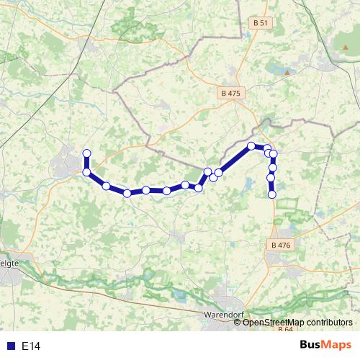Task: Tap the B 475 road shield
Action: [x=231, y=93]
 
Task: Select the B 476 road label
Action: [x=281, y=246]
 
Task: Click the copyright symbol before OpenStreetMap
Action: [x=238, y=322]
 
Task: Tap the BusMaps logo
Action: [x=326, y=345]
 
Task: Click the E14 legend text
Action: [x=32, y=346]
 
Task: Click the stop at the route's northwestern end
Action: [x=87, y=153]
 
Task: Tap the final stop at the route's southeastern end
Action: [x=272, y=194]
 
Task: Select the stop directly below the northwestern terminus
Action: [x=87, y=172]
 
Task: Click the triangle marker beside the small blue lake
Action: [x=287, y=73]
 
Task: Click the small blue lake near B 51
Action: [x=277, y=68]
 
